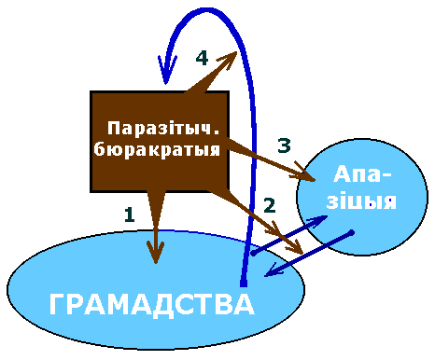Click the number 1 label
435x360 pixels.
[130, 215]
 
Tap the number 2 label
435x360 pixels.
[270, 205]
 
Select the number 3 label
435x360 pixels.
[284, 145]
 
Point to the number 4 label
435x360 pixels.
[202, 58]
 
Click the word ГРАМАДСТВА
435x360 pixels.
[152, 305]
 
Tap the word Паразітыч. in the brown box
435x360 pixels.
[163, 128]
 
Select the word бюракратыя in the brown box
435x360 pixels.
[157, 149]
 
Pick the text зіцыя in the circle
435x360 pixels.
[361, 201]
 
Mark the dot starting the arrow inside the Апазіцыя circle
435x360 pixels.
[351, 232]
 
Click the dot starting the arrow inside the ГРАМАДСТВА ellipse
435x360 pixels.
[253, 254]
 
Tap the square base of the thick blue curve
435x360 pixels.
[244, 283]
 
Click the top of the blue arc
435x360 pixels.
[207, 10]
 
